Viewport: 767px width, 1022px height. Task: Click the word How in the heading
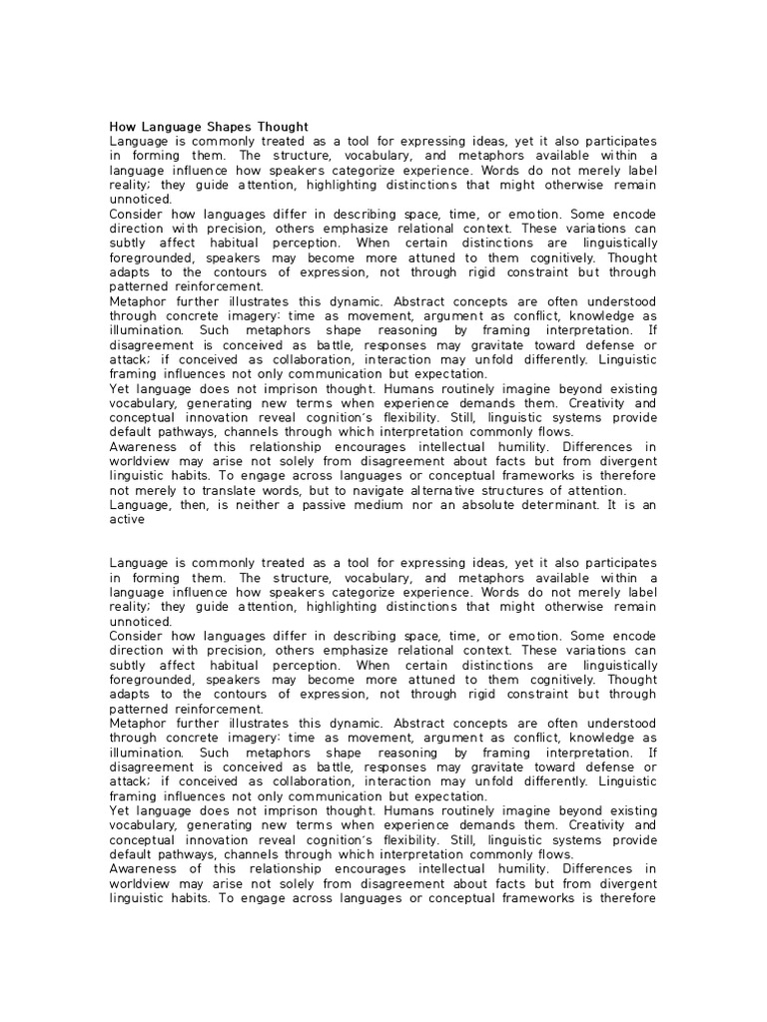(121, 127)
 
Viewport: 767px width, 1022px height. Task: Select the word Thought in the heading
(282, 127)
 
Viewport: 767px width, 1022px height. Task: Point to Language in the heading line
(169, 127)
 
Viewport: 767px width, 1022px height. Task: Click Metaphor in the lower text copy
(141, 723)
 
